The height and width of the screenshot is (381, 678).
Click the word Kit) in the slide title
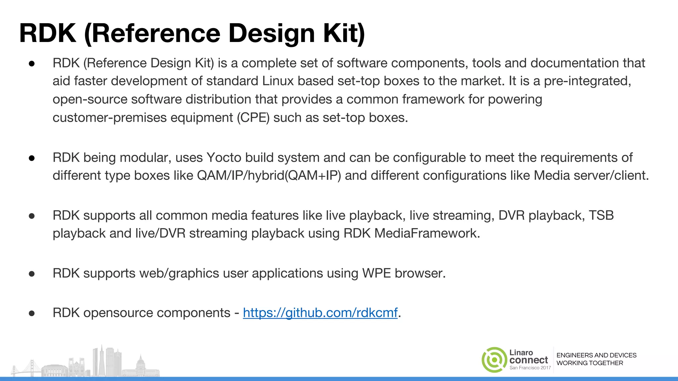coord(344,33)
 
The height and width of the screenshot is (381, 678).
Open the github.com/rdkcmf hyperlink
coord(320,313)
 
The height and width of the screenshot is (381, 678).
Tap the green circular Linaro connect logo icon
coord(494,360)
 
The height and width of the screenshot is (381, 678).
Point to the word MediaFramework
coord(427,233)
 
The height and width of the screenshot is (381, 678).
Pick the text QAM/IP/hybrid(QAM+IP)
coord(269,176)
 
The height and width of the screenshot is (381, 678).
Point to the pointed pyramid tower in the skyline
coord(102,360)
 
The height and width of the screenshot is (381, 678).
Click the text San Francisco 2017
coord(530,368)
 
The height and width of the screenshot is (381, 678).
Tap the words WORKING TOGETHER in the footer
coord(590,363)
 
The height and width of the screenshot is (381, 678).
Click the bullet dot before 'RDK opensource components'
coord(32,313)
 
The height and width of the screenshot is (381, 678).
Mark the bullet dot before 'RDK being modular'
coord(32,158)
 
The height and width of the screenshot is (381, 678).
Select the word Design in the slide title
coord(271,33)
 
